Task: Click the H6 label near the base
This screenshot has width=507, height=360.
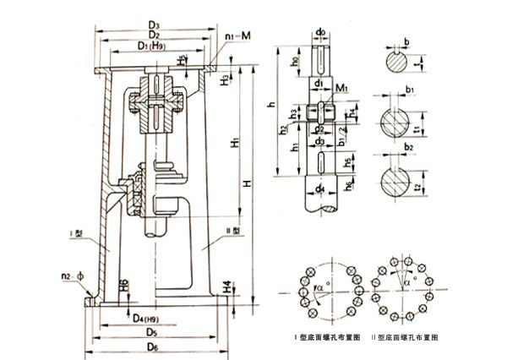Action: (x=123, y=285)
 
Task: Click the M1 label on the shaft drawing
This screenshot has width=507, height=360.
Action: (x=341, y=87)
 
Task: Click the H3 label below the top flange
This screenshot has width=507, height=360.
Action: (x=223, y=80)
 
